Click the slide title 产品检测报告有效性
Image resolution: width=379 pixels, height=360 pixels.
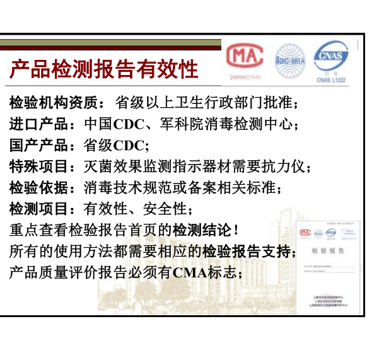[104, 69]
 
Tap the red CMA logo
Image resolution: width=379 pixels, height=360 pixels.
[243, 59]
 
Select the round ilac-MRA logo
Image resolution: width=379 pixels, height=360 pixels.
[289, 61]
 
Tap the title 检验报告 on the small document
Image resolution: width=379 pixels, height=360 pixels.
[328, 250]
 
